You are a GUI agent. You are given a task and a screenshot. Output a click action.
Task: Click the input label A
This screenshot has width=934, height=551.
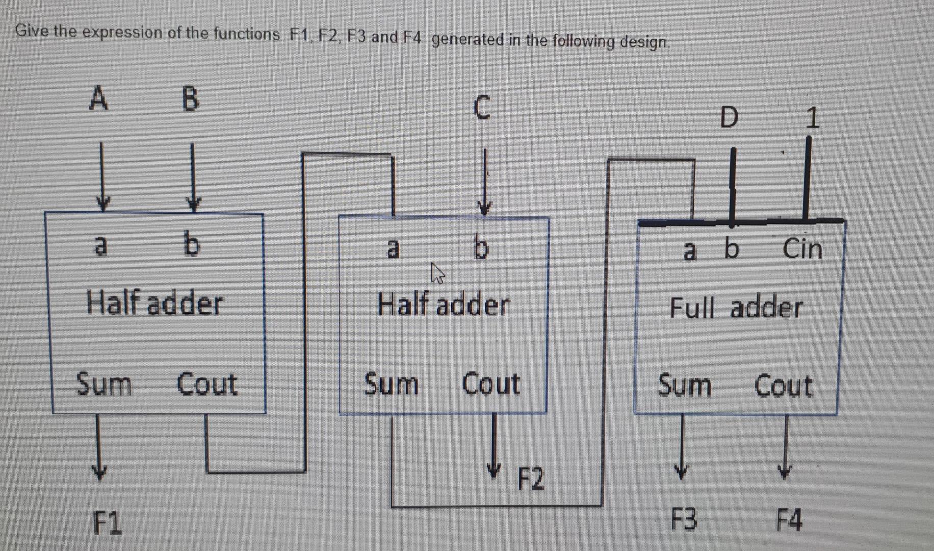point(99,98)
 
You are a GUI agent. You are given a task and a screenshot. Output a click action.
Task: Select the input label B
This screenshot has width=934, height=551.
point(190,99)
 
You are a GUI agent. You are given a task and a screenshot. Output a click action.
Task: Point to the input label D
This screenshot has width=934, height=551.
point(729,118)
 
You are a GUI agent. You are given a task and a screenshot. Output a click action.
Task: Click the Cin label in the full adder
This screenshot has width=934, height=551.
point(802,249)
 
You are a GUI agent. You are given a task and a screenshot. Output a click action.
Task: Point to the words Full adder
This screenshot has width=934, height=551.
point(736,308)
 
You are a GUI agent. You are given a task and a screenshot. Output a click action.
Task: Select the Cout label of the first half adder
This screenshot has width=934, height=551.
point(207,384)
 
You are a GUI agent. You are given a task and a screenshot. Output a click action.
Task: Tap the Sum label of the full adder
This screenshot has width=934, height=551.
point(684,385)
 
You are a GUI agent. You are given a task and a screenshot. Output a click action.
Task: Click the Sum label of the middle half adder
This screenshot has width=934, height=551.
point(391,384)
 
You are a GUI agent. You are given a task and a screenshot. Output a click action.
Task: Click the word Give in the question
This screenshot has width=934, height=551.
point(32,31)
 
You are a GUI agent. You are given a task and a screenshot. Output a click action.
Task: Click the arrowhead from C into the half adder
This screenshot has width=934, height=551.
point(484,208)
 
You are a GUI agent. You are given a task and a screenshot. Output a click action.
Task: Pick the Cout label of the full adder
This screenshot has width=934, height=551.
point(783,386)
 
